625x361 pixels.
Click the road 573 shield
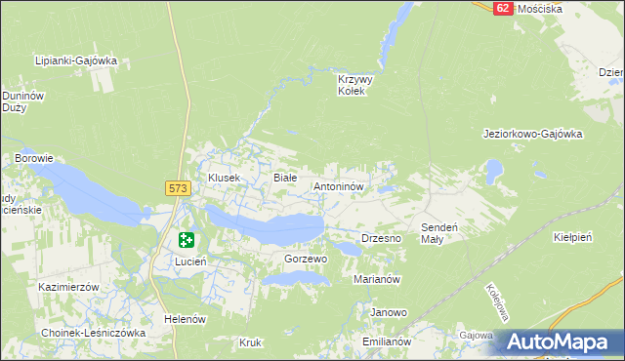(x=177, y=187)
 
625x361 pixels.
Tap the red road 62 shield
(x=502, y=7)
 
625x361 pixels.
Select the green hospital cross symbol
(x=187, y=240)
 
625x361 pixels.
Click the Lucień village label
(x=189, y=261)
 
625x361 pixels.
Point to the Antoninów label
(x=339, y=185)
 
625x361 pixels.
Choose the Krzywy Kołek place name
(x=352, y=85)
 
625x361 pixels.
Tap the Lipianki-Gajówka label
(x=75, y=60)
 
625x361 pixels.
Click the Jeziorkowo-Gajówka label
(x=533, y=134)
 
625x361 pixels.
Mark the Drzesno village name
(x=382, y=238)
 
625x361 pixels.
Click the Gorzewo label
(x=305, y=260)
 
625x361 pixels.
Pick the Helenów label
(x=186, y=319)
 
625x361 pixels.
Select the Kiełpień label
(x=573, y=237)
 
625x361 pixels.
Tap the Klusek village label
(x=225, y=178)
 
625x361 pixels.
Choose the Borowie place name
(x=33, y=157)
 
